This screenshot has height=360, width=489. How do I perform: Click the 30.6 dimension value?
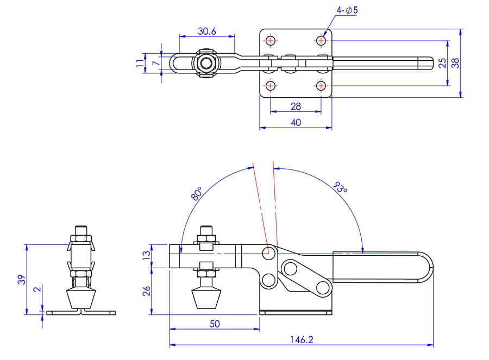click(x=207, y=31)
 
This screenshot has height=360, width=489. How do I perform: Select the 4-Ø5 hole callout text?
click(x=347, y=10)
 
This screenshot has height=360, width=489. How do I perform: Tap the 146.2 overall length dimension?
click(x=301, y=339)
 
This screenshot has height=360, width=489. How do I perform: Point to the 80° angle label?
click(x=197, y=193)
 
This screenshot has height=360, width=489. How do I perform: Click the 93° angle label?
click(x=340, y=187)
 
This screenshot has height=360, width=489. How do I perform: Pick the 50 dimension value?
click(x=215, y=324)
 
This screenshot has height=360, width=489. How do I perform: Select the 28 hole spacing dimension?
click(x=296, y=106)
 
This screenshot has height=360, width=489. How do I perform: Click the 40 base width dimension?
click(x=296, y=123)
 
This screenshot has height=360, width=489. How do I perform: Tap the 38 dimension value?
click(x=456, y=63)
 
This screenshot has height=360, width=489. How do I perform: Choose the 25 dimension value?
click(x=442, y=63)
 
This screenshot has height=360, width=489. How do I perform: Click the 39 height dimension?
click(x=21, y=280)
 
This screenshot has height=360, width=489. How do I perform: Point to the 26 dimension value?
click(x=146, y=291)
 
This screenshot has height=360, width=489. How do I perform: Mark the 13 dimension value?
click(x=146, y=255)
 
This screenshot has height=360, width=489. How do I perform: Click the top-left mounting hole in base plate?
click(x=271, y=41)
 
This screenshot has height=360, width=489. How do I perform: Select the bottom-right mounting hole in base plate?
click(x=321, y=86)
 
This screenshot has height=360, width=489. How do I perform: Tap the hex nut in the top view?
click(x=205, y=64)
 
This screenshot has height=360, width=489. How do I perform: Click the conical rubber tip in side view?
click(x=81, y=299)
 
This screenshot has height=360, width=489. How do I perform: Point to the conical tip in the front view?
click(x=206, y=299)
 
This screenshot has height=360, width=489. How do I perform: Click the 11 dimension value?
click(x=141, y=63)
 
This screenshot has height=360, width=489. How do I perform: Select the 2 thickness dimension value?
click(x=37, y=289)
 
